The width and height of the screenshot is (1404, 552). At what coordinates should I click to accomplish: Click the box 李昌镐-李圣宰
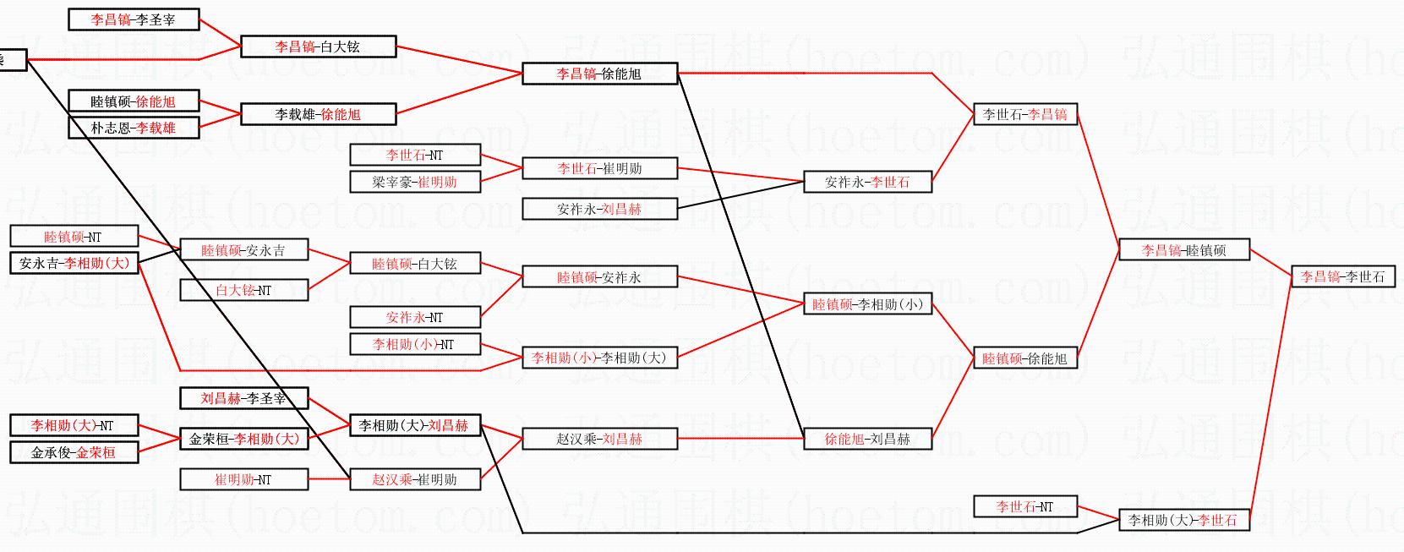133,19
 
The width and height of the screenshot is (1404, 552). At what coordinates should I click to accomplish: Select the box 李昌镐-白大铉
317,46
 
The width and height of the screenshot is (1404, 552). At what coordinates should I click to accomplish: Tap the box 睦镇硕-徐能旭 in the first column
133,101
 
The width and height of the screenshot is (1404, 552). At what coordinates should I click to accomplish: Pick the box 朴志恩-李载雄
133,128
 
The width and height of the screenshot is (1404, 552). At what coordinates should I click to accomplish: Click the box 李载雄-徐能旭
317,114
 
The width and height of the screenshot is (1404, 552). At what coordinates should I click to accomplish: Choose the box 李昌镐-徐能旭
599,74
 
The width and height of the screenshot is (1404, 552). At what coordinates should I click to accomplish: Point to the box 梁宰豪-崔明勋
414,182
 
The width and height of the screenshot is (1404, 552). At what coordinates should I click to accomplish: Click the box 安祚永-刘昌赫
599,209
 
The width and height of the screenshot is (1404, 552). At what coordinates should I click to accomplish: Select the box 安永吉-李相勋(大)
74,263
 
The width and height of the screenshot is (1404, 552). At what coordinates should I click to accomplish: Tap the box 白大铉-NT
243,290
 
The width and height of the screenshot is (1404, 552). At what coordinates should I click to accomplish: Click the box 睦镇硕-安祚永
599,276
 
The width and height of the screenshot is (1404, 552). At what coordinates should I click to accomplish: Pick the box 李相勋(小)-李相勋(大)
599,358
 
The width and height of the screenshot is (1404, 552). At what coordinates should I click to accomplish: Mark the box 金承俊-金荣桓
74,452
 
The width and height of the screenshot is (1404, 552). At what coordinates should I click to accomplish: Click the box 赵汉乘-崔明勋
414,479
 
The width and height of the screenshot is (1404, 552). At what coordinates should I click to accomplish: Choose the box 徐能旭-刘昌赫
867,439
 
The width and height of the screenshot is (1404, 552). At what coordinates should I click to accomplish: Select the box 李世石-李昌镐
1024,114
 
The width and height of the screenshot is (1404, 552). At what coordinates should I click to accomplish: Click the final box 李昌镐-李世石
1342,276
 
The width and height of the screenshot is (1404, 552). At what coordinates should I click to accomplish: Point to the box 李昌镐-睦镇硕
1183,249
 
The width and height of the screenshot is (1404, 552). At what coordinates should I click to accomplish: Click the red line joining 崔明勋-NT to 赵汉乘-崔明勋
329,479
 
